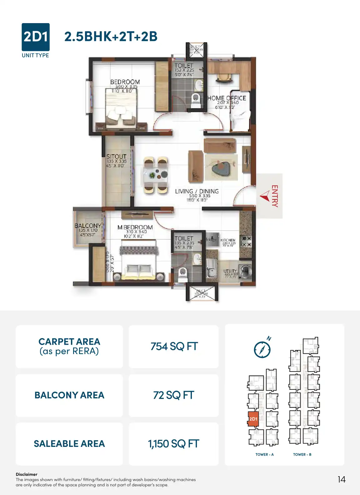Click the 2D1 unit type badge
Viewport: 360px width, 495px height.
pos(35,37)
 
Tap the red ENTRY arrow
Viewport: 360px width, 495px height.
pos(264,196)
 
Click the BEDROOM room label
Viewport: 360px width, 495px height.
pos(125,82)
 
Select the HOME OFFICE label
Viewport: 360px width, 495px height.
pos(227,98)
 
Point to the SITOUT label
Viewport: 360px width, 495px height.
pos(116,156)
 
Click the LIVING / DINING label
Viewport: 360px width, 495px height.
pos(197,191)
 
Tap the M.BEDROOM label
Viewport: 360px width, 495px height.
pos(135,227)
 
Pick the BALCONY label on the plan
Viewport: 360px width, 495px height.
pos(88,225)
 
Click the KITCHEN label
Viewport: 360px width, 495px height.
pos(228,240)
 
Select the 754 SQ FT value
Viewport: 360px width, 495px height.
pos(174,346)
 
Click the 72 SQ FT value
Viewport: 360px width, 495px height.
pos(173,395)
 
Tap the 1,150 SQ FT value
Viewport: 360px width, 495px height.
pos(173,444)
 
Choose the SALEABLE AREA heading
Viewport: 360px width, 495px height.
pos(69,444)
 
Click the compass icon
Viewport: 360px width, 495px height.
pos(262,349)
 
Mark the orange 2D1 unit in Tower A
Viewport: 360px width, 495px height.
pos(253,419)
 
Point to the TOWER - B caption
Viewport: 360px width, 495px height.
pos(302,454)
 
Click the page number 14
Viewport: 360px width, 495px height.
pos(342,479)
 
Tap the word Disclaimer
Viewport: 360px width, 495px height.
pos(27,474)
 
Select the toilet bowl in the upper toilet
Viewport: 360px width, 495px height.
pos(196,99)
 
